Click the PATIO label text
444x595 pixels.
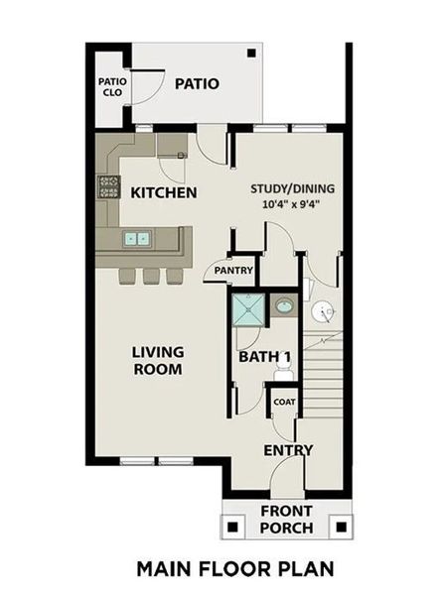(x=197, y=84)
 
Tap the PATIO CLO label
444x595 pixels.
(x=109, y=88)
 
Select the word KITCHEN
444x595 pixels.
(x=164, y=192)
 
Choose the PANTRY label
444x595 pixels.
(x=230, y=270)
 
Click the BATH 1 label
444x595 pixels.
(x=263, y=357)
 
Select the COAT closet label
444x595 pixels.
(x=284, y=402)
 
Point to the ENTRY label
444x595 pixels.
(x=288, y=450)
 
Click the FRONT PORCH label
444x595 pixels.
(x=286, y=520)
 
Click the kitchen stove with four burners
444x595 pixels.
(x=108, y=185)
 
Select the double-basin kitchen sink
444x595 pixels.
(x=138, y=239)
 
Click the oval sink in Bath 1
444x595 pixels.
(x=283, y=305)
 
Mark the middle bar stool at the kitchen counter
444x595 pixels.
(x=151, y=275)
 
